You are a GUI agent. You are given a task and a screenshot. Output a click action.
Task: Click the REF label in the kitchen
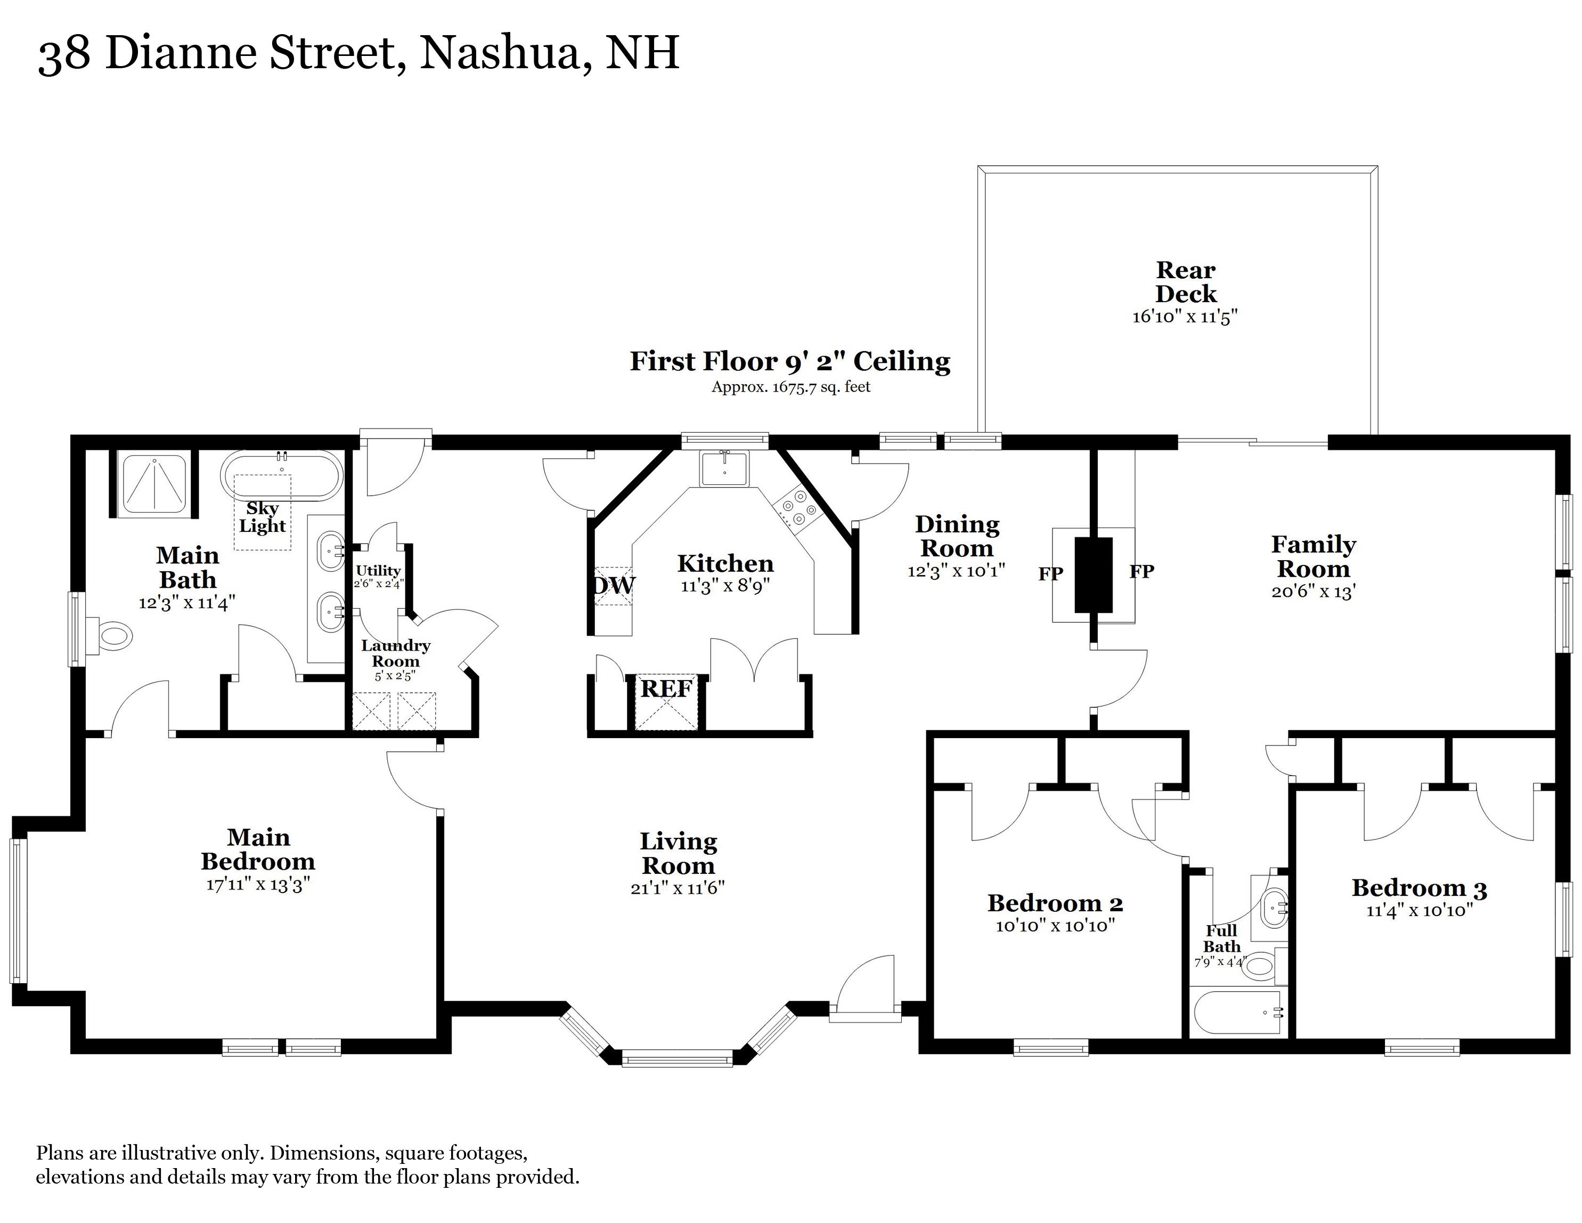point(666,689)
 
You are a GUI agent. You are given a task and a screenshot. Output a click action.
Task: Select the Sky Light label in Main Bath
point(262,517)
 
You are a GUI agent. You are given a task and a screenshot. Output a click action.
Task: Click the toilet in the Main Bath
point(112,637)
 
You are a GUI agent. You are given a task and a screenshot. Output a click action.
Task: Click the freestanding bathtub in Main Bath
point(280,476)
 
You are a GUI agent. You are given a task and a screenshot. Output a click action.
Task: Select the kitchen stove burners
point(795,507)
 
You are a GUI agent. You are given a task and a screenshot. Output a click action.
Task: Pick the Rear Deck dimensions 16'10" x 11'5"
point(1185,318)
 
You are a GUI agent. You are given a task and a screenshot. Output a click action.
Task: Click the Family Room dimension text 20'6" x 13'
point(1313,592)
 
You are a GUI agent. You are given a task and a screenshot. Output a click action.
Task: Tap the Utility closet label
point(378,571)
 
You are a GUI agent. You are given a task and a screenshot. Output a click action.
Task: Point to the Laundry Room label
point(395,653)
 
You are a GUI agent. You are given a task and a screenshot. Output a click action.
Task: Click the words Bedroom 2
point(1055,903)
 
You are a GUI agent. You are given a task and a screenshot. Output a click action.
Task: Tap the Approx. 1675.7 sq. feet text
point(791,387)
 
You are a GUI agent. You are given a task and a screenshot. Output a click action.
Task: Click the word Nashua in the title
point(500,53)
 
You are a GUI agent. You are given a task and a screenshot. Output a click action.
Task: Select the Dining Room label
point(957,536)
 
